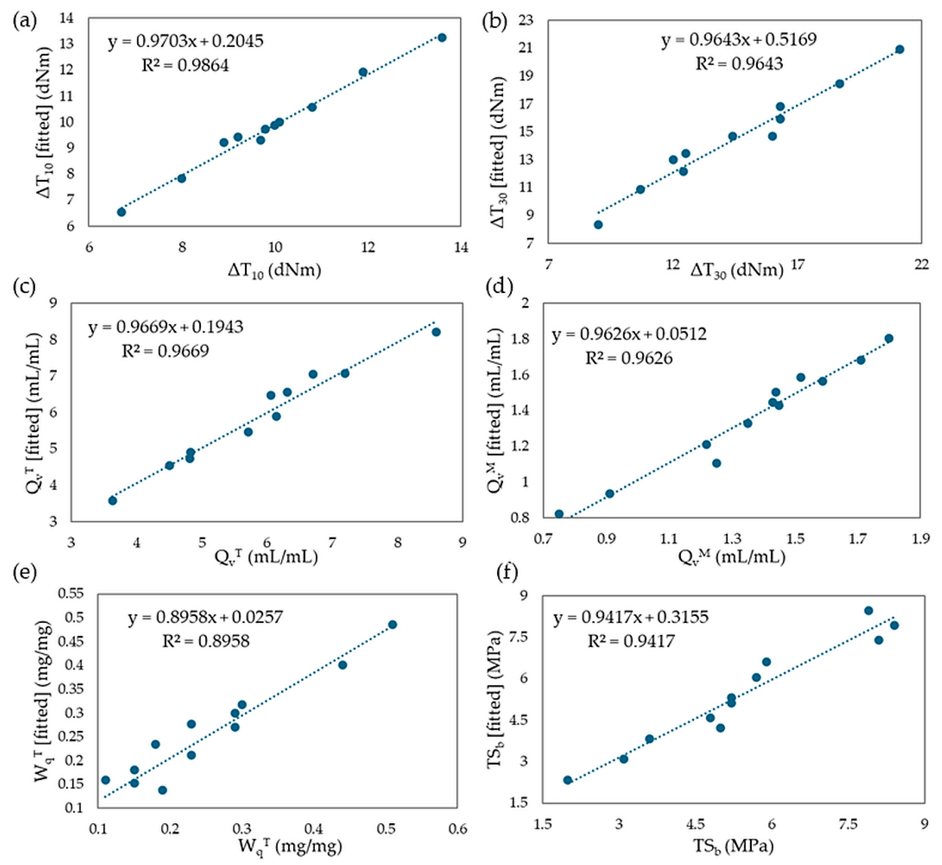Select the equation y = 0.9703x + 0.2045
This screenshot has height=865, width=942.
click(x=186, y=41)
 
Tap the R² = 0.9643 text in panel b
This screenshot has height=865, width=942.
click(x=739, y=64)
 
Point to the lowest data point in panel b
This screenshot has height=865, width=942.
click(x=598, y=225)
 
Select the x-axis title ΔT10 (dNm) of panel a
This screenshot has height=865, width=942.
click(x=274, y=271)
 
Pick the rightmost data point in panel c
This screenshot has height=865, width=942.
click(x=436, y=332)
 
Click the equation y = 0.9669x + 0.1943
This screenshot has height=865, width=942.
click(x=166, y=327)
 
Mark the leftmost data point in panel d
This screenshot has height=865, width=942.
click(x=559, y=514)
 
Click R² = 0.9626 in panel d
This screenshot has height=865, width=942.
click(x=629, y=358)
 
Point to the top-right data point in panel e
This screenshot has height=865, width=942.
click(x=392, y=624)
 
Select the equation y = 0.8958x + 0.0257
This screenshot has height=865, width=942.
click(x=205, y=617)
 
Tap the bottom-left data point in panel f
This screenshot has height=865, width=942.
click(x=568, y=780)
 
